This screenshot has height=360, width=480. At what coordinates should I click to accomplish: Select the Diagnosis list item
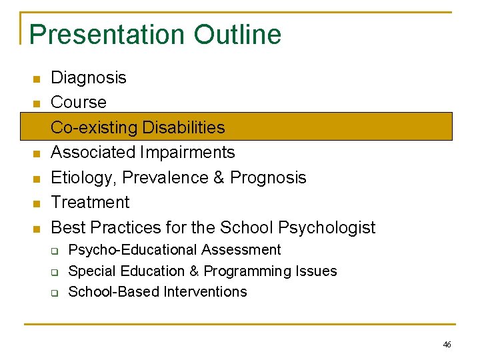(x=89, y=78)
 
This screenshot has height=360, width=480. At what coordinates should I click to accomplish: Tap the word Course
(x=79, y=103)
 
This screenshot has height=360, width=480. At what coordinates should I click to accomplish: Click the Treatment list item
(x=90, y=202)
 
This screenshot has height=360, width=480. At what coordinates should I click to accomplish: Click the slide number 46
(x=447, y=345)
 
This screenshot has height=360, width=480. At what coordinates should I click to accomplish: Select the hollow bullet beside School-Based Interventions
(x=57, y=293)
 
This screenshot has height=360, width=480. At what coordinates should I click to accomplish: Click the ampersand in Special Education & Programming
(x=195, y=271)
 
